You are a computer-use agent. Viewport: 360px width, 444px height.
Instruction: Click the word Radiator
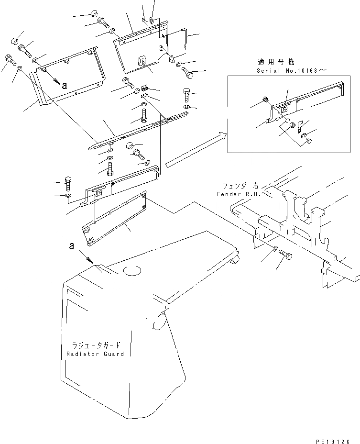tap(82, 354)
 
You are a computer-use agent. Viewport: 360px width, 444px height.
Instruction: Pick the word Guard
tap(113, 354)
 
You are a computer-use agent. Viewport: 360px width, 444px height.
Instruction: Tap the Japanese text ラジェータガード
tap(96, 345)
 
